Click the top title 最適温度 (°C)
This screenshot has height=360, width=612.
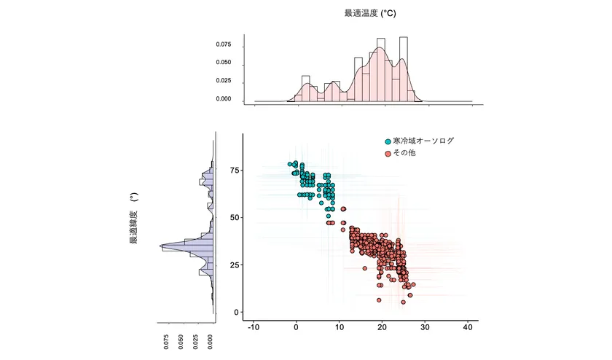(x=370, y=13)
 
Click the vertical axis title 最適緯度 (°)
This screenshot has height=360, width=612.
(x=134, y=219)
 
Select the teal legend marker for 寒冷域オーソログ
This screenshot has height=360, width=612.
(x=388, y=141)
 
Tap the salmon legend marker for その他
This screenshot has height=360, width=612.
(x=388, y=154)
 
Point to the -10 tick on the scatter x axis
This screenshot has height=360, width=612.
(x=253, y=327)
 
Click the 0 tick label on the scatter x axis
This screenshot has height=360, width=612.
(x=296, y=327)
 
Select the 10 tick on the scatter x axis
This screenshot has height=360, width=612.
(x=340, y=327)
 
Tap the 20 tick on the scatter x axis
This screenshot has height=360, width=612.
(x=382, y=327)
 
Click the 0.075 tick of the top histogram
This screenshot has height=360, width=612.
(x=223, y=44)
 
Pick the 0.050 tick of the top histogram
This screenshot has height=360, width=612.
(x=223, y=63)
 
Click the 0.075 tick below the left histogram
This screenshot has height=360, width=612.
(x=166, y=343)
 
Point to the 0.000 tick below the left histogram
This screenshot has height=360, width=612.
(x=211, y=343)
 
